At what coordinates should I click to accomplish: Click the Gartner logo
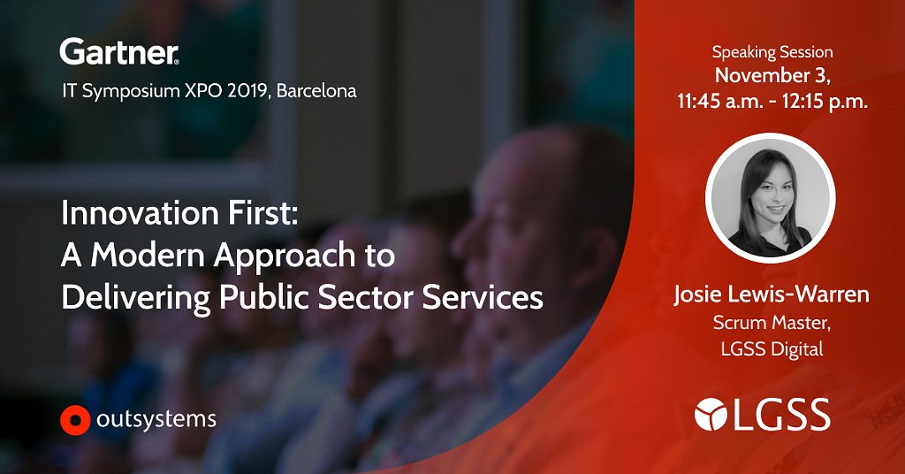pyautogui.click(x=119, y=52)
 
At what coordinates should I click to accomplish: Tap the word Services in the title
pyautogui.click(x=483, y=297)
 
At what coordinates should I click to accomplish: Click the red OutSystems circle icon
pyautogui.click(x=75, y=420)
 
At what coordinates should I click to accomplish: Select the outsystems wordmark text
pyautogui.click(x=156, y=420)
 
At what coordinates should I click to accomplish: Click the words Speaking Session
pyautogui.click(x=772, y=52)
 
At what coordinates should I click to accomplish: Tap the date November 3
pyautogui.click(x=772, y=76)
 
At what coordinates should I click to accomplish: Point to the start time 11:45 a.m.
pyautogui.click(x=724, y=102)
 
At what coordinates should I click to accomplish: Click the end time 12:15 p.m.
pyautogui.click(x=825, y=102)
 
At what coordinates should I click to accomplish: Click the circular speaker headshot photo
pyautogui.click(x=771, y=198)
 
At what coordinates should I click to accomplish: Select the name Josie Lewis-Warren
pyautogui.click(x=772, y=294)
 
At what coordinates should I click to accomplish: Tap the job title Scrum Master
pyautogui.click(x=772, y=323)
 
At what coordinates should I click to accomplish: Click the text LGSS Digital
pyautogui.click(x=772, y=348)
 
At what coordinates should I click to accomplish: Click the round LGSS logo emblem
pyautogui.click(x=711, y=414)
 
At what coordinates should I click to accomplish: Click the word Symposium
pyautogui.click(x=131, y=91)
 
